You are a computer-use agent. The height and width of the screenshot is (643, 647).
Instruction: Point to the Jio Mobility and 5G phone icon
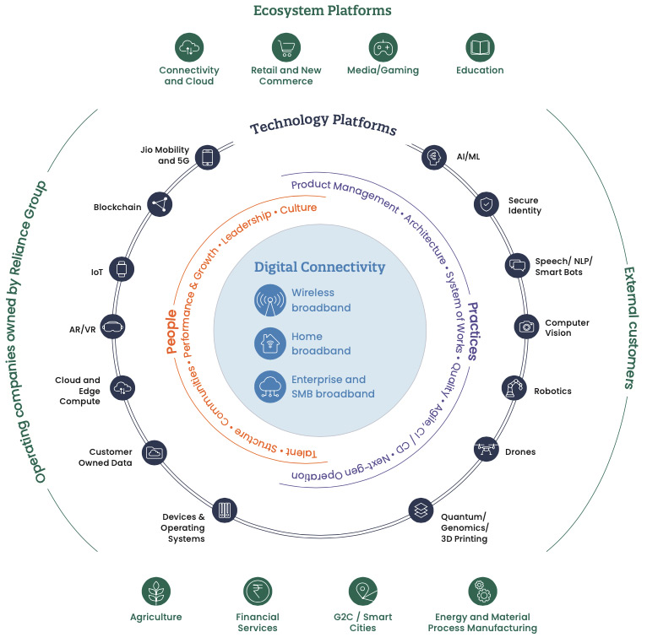[x=206, y=157]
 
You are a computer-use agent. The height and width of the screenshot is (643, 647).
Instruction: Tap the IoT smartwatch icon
[x=122, y=269]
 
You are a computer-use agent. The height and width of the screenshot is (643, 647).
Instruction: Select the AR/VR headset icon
[x=112, y=326]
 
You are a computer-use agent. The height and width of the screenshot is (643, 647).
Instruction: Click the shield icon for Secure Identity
[x=486, y=203]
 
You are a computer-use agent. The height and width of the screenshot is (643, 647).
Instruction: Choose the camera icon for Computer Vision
[x=527, y=326]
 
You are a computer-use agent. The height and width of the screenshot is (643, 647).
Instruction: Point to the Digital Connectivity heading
[x=319, y=267]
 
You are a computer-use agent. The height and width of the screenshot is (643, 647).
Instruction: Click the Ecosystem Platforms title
[x=323, y=11]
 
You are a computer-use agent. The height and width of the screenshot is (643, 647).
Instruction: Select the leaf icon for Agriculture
[x=155, y=592]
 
